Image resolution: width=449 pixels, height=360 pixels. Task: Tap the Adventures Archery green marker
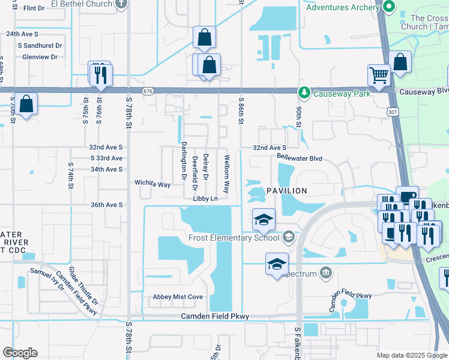click(x=388, y=7)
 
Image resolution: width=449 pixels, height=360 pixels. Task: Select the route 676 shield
click(x=148, y=91)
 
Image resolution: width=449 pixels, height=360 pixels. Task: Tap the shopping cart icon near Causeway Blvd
click(x=379, y=76)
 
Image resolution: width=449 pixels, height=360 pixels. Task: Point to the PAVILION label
click(x=287, y=191)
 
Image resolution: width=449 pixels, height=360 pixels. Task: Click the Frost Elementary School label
click(x=234, y=237)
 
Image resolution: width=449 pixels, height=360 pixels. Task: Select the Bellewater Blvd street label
click(x=300, y=158)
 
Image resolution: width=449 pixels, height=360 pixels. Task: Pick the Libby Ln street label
click(x=205, y=199)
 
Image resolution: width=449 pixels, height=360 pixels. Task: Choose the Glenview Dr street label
click(x=40, y=57)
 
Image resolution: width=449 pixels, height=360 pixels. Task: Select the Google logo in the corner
click(x=20, y=353)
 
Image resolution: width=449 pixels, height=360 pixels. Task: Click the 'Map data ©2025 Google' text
click(x=411, y=355)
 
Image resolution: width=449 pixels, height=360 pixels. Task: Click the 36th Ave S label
click(x=106, y=205)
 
